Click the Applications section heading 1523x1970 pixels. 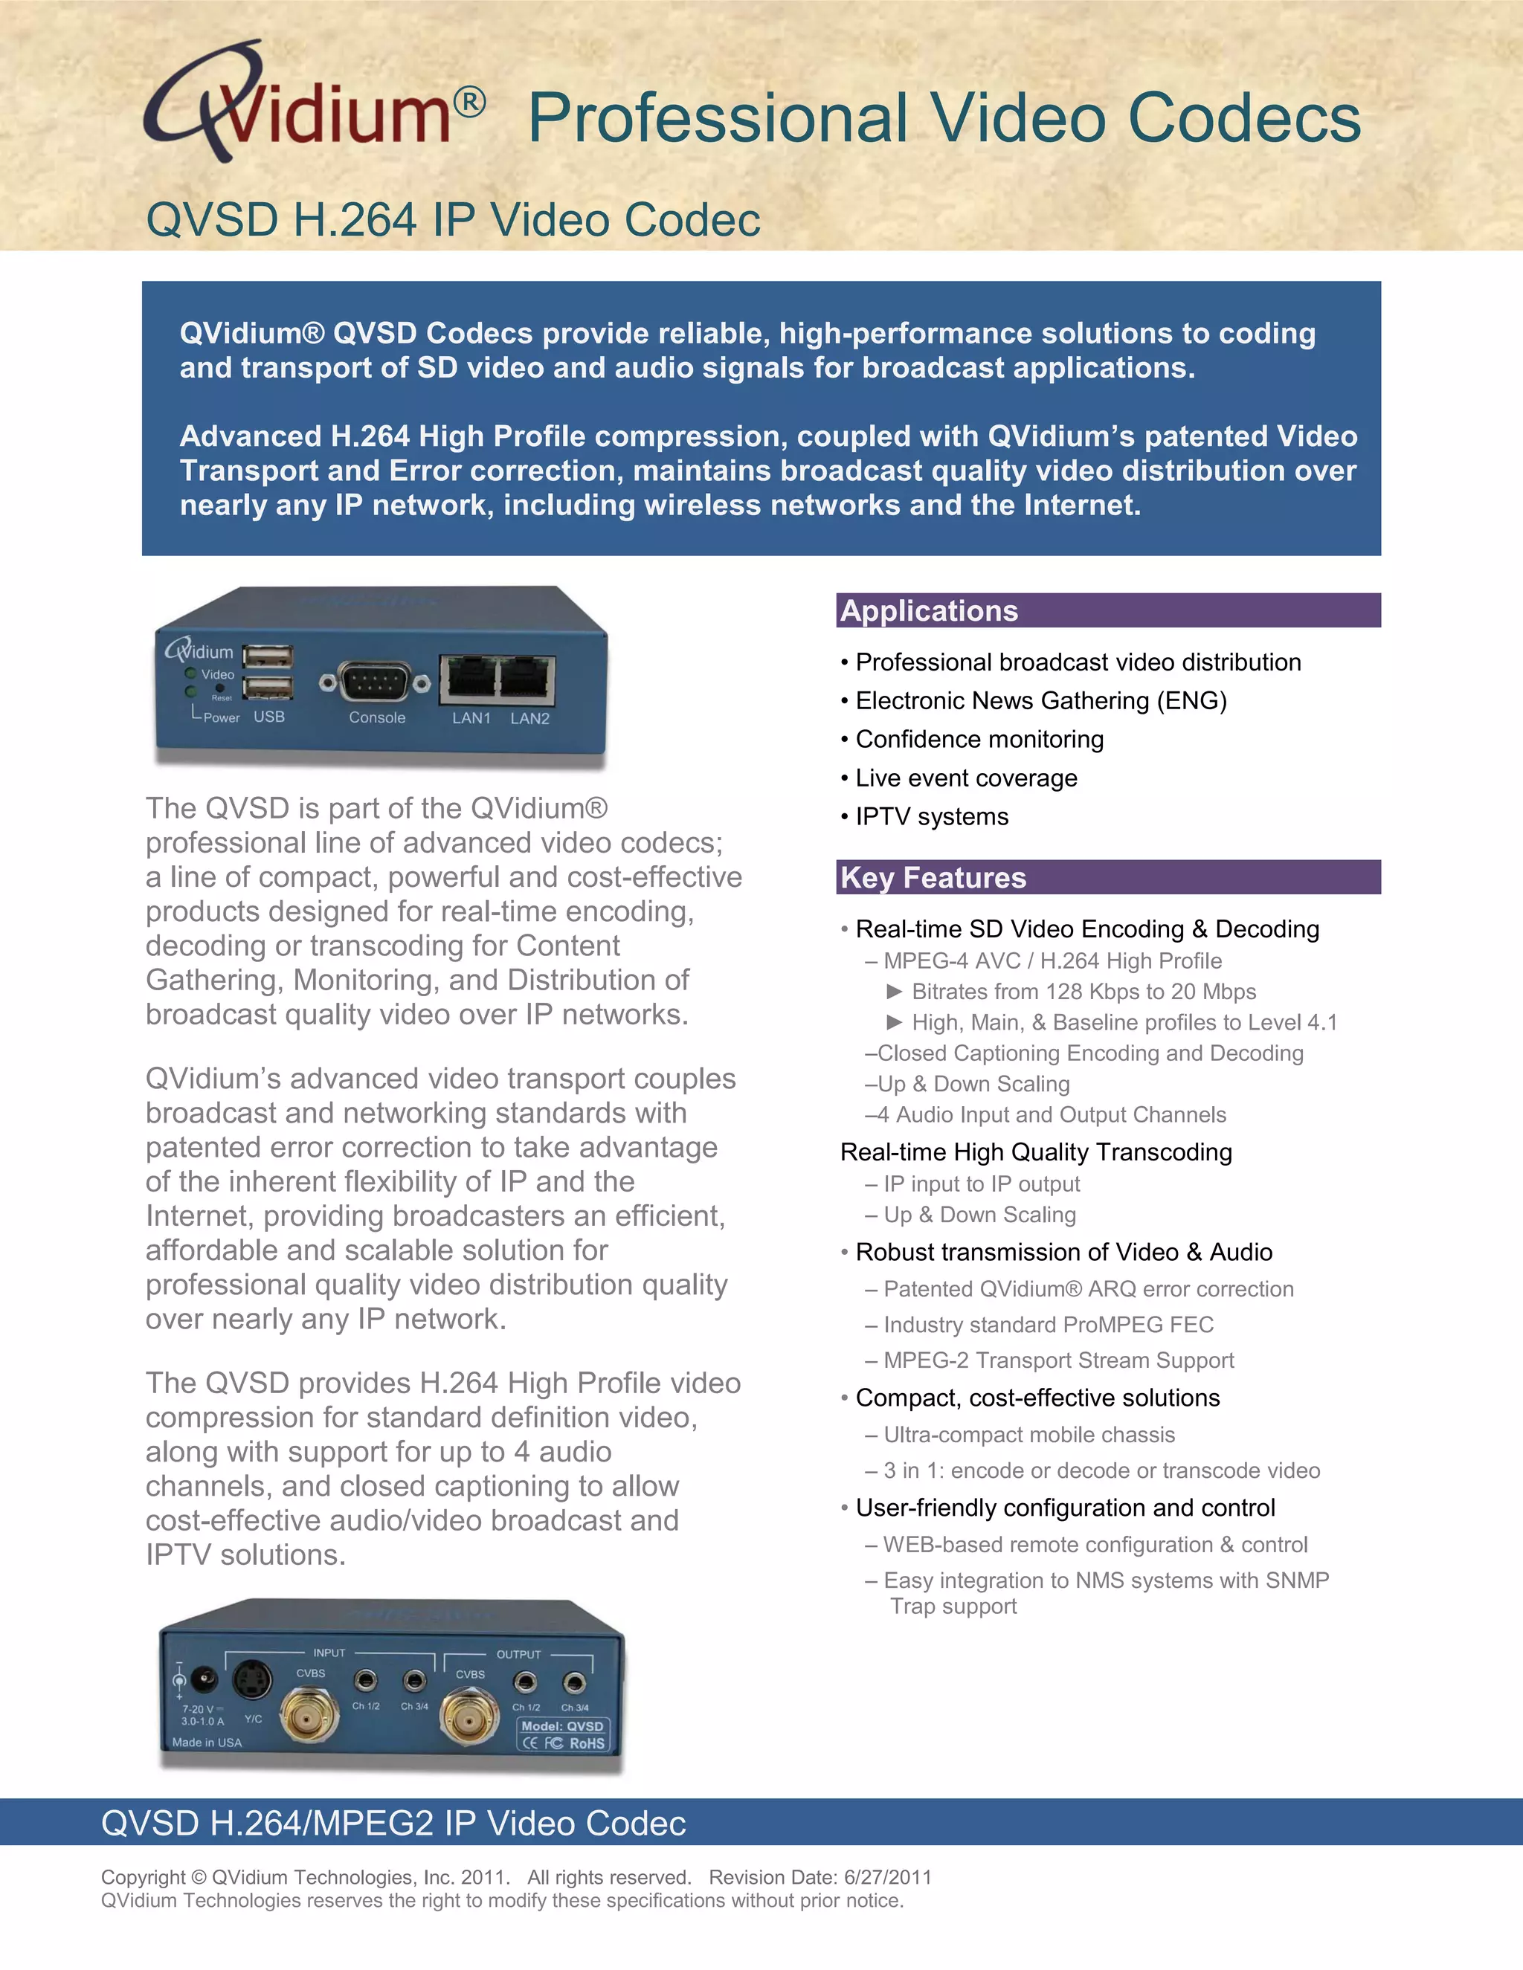pos(930,610)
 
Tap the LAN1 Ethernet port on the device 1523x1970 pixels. pos(469,676)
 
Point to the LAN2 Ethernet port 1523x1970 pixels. pos(527,676)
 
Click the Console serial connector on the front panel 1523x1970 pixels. pos(375,683)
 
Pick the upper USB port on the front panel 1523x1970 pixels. pos(268,656)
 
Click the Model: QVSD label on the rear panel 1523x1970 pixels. pos(562,1725)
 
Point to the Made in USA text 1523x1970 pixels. pos(207,1743)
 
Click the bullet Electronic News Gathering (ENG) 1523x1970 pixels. pos(1040,701)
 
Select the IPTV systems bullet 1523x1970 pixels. pos(931,817)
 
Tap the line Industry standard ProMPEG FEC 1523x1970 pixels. pos(1048,1325)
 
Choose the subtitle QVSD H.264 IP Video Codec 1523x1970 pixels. pos(453,220)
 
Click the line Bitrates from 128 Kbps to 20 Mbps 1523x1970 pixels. pos(1083,992)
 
